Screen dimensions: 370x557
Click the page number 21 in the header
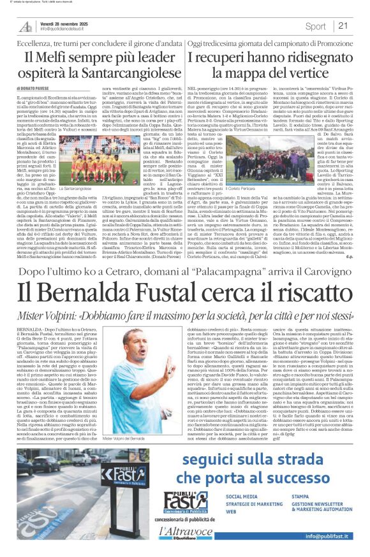pyautogui.click(x=343, y=25)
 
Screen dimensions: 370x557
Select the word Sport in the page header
pyautogui.click(x=315, y=26)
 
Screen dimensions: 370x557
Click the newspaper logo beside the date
pyautogui.click(x=26, y=26)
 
